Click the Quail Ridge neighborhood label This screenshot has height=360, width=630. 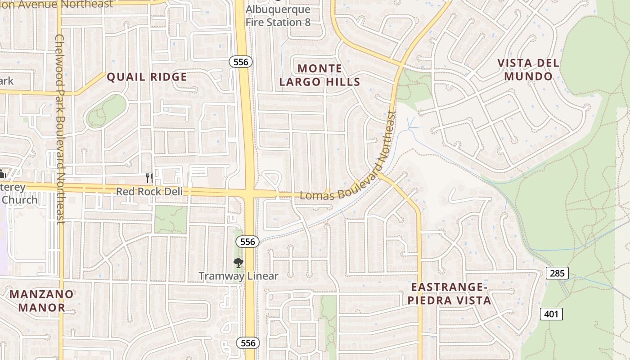point(147,77)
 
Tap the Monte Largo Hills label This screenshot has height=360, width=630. point(319,75)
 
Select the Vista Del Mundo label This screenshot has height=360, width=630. point(528,70)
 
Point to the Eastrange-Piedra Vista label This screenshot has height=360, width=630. point(451,294)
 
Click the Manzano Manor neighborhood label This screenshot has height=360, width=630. point(41,301)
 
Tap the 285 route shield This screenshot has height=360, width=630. point(557,273)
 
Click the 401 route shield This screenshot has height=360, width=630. point(551,314)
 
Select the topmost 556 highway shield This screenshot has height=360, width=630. point(241,62)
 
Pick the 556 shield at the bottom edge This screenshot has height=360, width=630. point(247,343)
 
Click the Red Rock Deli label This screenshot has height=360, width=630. point(149,192)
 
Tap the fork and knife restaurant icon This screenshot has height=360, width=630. point(149,178)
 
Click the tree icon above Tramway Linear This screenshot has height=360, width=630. point(238,262)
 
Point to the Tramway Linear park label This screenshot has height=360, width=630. point(238,276)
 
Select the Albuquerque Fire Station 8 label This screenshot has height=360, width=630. point(278,16)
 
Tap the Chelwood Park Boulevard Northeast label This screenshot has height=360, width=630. point(60,128)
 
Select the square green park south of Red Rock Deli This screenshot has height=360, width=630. point(171,220)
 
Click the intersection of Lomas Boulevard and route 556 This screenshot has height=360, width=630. point(250,193)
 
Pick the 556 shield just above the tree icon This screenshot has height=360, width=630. point(247,242)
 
